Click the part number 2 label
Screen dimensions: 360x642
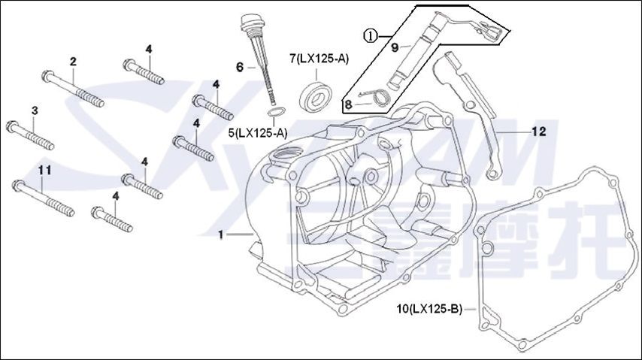click(73, 60)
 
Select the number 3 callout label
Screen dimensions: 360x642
click(34, 111)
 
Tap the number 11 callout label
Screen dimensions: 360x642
click(44, 171)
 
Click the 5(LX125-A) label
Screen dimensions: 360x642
click(258, 133)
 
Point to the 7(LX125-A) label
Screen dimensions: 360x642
click(318, 58)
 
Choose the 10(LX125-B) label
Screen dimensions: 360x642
click(429, 309)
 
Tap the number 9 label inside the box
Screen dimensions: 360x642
click(394, 47)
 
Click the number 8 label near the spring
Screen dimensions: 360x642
click(349, 104)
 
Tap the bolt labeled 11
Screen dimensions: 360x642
click(41, 193)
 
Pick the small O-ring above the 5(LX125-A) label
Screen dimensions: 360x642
click(277, 113)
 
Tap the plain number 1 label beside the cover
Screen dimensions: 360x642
click(221, 235)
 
